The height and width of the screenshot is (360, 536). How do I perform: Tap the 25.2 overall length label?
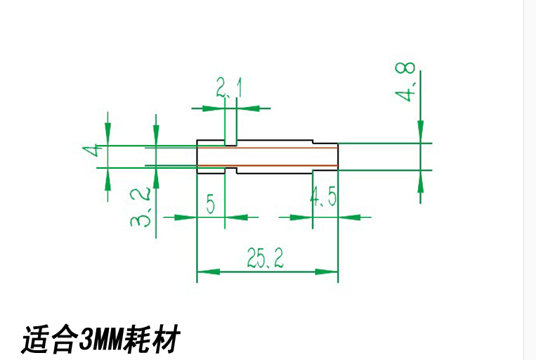tap(265, 260)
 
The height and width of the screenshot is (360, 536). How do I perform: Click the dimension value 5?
tap(210, 205)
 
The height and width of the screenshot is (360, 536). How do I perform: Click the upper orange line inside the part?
tap(267, 148)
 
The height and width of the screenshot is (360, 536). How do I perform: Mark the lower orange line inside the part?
tap(267, 166)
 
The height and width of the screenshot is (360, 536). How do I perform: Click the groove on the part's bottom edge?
tap(231, 171)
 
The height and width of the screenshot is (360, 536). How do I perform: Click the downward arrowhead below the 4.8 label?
tap(420, 130)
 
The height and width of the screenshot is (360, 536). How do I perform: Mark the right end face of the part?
tap(339, 156)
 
